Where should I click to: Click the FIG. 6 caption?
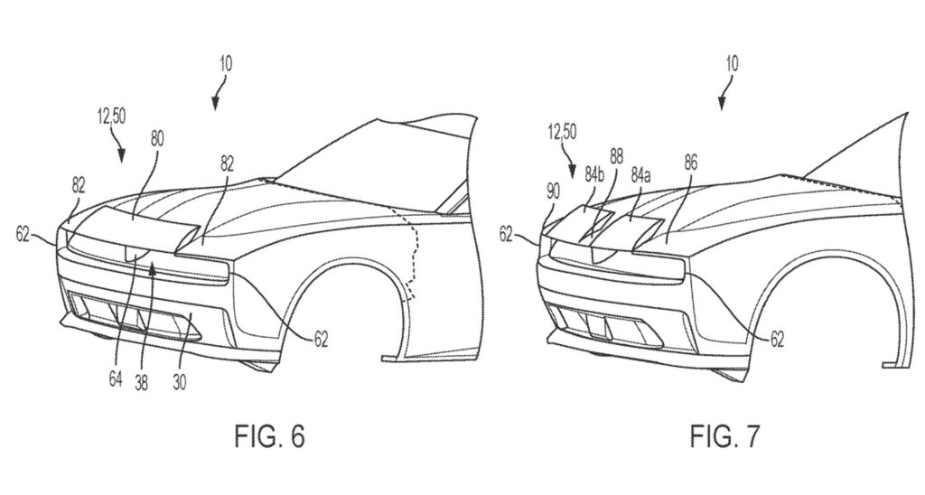pyautogui.click(x=270, y=436)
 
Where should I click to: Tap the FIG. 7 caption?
pyautogui.click(x=725, y=436)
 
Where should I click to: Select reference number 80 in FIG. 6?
pyautogui.click(x=157, y=138)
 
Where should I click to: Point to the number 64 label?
pyautogui.click(x=115, y=378)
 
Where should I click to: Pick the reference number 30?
pyautogui.click(x=180, y=382)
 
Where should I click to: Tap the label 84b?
pyautogui.click(x=594, y=174)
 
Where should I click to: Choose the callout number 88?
pyautogui.click(x=616, y=157)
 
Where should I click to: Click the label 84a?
pyautogui.click(x=640, y=175)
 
